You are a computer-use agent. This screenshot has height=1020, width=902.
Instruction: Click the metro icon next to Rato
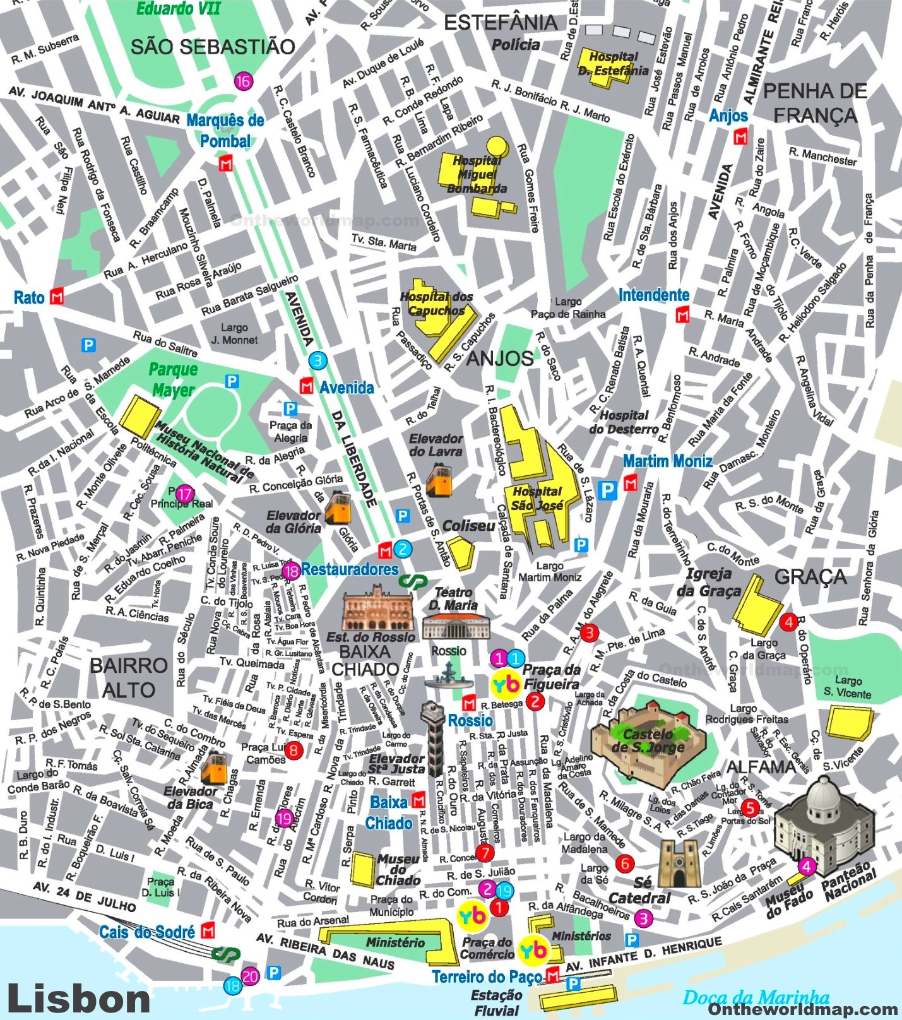[57, 296]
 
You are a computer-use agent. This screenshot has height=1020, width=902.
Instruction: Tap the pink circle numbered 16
[243, 81]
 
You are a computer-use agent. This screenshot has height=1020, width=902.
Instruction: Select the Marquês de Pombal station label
[225, 131]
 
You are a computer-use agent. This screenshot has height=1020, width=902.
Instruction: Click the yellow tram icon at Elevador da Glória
[338, 507]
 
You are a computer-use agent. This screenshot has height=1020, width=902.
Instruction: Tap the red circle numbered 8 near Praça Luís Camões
[294, 750]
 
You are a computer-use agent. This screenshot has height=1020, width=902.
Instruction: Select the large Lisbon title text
[78, 999]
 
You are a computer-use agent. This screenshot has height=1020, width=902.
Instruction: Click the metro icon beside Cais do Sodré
[208, 931]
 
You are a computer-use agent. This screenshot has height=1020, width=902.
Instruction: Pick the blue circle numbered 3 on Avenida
[317, 361]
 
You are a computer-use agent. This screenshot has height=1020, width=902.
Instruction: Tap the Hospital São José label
[537, 498]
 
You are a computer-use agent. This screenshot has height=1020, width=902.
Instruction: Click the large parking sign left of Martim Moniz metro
[607, 490]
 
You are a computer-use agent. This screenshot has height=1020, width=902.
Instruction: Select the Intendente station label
[653, 295]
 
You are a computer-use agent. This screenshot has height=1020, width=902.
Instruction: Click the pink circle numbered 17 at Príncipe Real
[184, 494]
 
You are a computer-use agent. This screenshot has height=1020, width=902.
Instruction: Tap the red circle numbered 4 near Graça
[788, 622]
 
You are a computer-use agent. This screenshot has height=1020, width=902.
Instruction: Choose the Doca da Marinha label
[756, 997]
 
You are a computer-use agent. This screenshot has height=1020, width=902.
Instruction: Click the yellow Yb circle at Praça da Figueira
[506, 684]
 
